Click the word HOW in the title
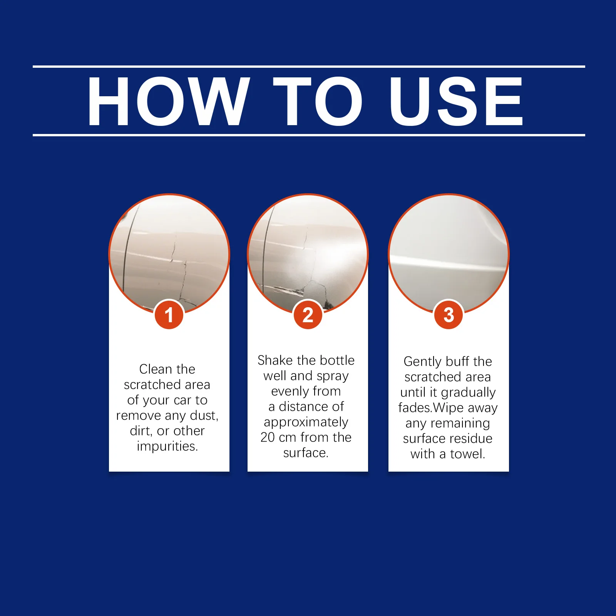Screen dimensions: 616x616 pyautogui.click(x=169, y=101)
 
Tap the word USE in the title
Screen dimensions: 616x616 pyautogui.click(x=457, y=101)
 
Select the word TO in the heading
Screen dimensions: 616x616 pyautogui.click(x=318, y=101)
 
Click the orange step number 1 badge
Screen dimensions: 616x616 pyautogui.click(x=169, y=315)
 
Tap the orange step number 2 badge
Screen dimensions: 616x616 pyautogui.click(x=308, y=315)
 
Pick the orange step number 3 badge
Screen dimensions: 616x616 pyautogui.click(x=449, y=315)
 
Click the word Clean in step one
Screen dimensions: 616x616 pyautogui.click(x=156, y=369)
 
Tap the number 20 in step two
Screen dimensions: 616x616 pyautogui.click(x=268, y=437)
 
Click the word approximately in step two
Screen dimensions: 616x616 pyautogui.click(x=306, y=422)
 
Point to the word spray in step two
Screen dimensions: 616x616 pyautogui.click(x=332, y=376)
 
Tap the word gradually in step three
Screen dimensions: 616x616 pyautogui.click(x=468, y=393)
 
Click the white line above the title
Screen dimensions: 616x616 pyautogui.click(x=309, y=67)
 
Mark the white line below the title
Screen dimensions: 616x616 pyautogui.click(x=309, y=135)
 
